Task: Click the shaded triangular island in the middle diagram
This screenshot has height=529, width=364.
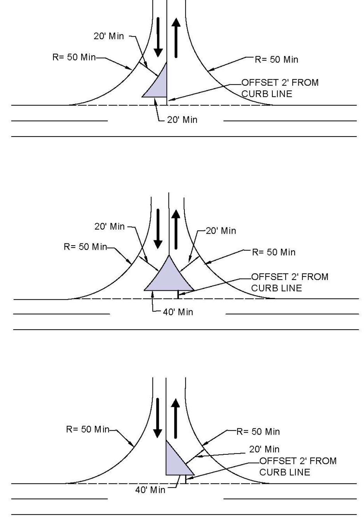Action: point(169,276)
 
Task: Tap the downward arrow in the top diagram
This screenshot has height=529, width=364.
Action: point(158,37)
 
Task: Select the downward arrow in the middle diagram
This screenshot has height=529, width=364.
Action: point(158,229)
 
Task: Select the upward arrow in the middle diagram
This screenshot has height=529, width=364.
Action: point(176,229)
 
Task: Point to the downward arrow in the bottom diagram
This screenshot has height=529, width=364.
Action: point(158,418)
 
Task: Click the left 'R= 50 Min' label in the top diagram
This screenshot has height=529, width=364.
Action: point(74,57)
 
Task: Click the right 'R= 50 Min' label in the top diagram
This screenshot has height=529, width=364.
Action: point(276,59)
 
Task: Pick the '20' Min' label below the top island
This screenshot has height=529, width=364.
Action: point(182,120)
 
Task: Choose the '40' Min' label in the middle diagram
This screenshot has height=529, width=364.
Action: point(178,312)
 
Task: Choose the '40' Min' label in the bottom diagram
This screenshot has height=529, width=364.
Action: point(150,490)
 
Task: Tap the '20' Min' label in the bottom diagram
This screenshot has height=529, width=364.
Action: point(264,449)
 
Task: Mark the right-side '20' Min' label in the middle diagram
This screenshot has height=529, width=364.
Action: point(221,231)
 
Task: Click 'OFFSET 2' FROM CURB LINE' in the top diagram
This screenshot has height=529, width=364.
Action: point(280,88)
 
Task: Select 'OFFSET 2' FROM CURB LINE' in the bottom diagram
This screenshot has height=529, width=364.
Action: point(298,467)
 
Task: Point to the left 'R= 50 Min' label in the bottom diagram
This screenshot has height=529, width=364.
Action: point(88,429)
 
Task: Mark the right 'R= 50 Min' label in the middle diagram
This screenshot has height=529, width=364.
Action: point(274,252)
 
